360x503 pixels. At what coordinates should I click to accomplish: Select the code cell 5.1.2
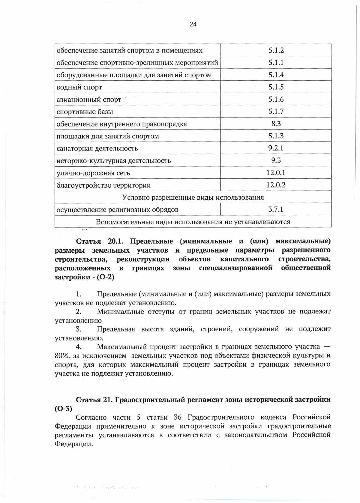coord(276,50)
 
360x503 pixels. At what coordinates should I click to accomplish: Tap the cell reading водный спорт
coord(79,87)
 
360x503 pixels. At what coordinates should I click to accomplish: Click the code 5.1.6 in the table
coord(276,99)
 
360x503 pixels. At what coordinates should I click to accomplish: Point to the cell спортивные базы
coord(85,112)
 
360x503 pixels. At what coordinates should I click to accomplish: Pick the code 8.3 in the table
coord(276,124)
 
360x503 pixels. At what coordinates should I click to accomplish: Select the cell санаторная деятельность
coord(97,148)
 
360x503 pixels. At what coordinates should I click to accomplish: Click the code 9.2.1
coord(276,148)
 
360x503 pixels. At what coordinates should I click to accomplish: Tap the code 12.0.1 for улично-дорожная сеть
coord(276,173)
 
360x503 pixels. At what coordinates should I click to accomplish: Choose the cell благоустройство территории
coord(103,185)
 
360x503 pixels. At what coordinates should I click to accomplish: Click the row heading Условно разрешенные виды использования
coord(193,197)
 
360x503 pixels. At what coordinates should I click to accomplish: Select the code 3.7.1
coord(276,209)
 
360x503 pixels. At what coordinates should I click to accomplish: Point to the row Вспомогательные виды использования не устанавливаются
coord(193,222)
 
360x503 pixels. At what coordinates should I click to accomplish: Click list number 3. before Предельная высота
coord(79,329)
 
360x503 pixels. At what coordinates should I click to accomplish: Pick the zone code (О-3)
coord(63,409)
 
